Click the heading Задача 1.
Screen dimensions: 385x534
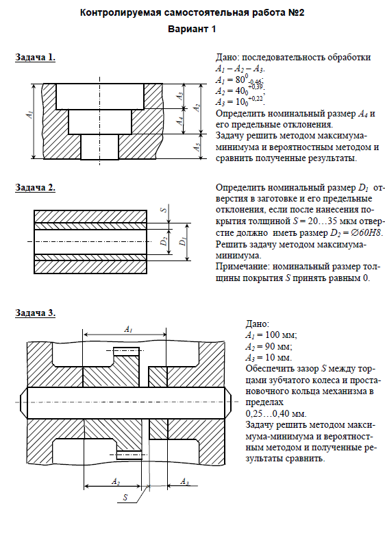click(x=35, y=57)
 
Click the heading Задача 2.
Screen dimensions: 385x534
click(x=35, y=187)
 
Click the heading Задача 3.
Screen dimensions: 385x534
click(x=35, y=313)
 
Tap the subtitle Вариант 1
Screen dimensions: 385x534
click(x=192, y=29)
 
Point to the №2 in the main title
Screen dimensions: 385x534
click(x=296, y=13)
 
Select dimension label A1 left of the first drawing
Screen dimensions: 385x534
click(x=30, y=114)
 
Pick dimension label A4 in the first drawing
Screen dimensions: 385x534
click(x=180, y=120)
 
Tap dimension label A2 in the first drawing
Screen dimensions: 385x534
click(x=197, y=107)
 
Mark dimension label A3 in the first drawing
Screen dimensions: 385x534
click(x=180, y=96)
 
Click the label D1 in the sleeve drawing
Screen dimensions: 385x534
click(x=183, y=241)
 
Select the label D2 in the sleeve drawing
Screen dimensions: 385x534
click(x=164, y=241)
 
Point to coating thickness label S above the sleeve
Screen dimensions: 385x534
click(x=164, y=208)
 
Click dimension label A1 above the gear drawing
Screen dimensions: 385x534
click(x=128, y=329)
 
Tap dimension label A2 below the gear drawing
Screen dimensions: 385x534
click(x=116, y=481)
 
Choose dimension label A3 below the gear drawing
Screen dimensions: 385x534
click(x=184, y=481)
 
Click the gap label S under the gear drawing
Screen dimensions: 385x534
click(x=125, y=497)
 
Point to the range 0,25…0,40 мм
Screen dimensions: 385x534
click(x=275, y=414)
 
